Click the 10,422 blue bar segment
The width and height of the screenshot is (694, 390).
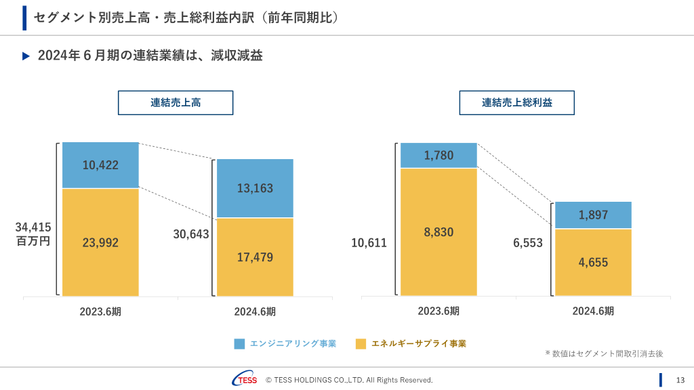(x=100, y=165)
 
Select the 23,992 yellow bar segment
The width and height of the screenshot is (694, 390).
(x=100, y=242)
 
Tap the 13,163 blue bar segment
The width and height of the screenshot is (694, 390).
(x=255, y=188)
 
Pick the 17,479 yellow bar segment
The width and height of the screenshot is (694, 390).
(x=255, y=257)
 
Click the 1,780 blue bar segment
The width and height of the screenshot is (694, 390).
(x=438, y=156)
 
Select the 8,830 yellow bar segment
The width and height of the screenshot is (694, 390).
(x=438, y=232)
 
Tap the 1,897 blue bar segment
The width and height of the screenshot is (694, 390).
(x=593, y=215)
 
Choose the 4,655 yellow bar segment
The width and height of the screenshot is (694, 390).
(x=593, y=263)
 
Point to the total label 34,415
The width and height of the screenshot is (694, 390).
(x=33, y=227)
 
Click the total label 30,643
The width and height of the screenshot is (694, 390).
(x=191, y=234)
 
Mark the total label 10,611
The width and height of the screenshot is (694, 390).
(x=369, y=243)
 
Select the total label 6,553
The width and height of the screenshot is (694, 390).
(x=528, y=243)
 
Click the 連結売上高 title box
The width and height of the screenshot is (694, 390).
(x=176, y=103)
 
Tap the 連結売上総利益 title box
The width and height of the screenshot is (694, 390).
(x=516, y=103)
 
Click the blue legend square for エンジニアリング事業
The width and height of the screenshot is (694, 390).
(x=239, y=344)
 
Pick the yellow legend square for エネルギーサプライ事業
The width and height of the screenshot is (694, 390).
(x=361, y=344)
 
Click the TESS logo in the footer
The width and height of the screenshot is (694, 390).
(x=245, y=379)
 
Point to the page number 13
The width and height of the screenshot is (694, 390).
(x=680, y=380)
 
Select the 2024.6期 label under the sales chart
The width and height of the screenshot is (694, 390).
(x=255, y=312)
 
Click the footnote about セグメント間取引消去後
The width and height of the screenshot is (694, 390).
(x=604, y=353)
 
